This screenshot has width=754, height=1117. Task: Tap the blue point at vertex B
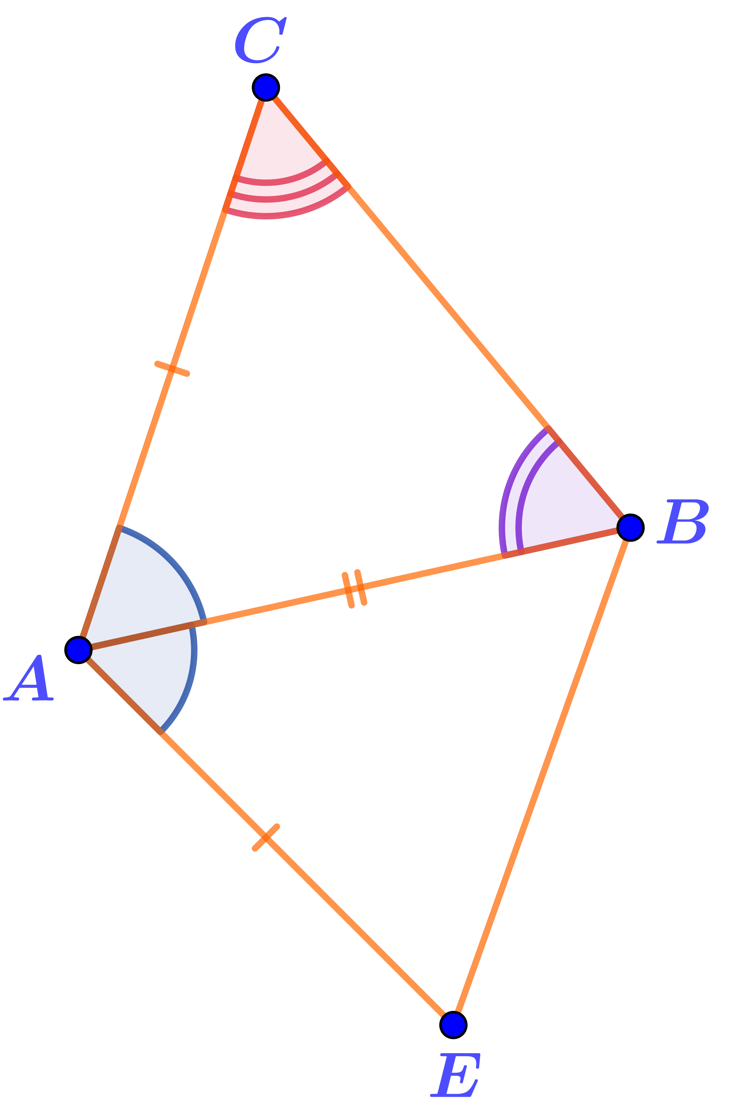[x=630, y=528]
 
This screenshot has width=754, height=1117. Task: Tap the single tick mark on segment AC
[x=172, y=369]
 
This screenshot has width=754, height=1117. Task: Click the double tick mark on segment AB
[x=355, y=589]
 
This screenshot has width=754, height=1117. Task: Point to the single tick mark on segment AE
[x=266, y=837]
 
